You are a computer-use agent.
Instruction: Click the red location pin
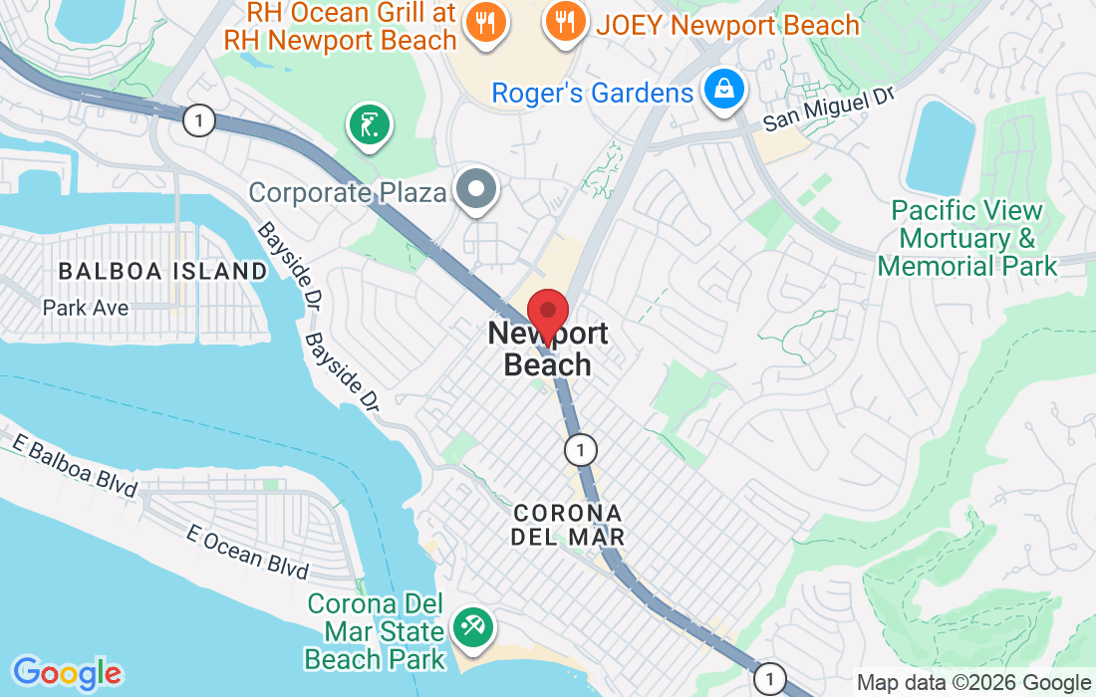[x=547, y=315]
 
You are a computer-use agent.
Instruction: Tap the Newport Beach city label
[x=547, y=349]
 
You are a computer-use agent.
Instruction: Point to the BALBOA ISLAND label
[x=162, y=271]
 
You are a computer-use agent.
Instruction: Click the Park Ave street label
[x=86, y=308]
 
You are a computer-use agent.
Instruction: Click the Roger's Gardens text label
[x=592, y=94]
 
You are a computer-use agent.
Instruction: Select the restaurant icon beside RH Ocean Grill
[x=487, y=24]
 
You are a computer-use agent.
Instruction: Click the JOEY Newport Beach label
[x=727, y=24]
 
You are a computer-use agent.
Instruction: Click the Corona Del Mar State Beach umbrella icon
[x=469, y=627]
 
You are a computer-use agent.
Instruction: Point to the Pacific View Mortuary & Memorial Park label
[x=966, y=239]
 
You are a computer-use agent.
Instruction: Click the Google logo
[x=67, y=672]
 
